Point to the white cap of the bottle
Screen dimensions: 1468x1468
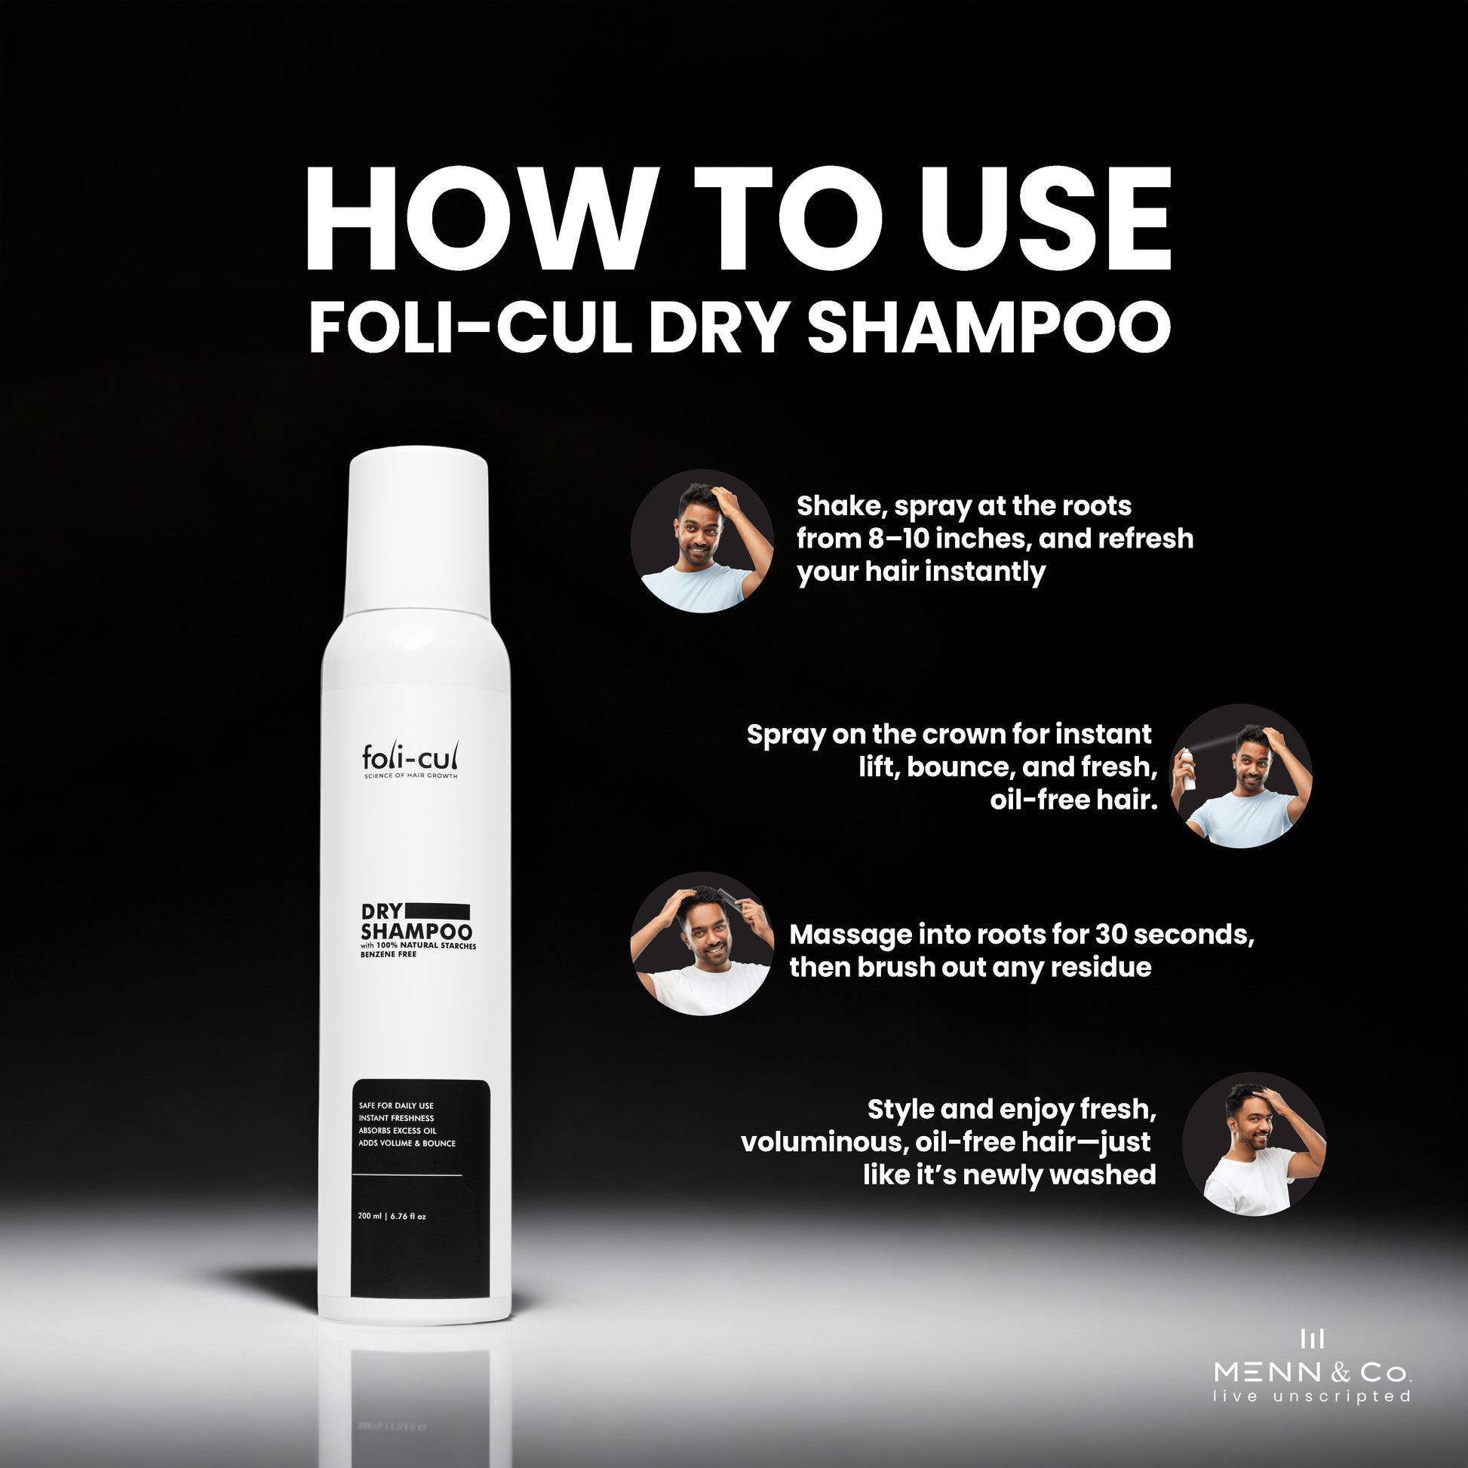(x=417, y=530)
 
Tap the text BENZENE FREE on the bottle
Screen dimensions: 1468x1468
(x=388, y=954)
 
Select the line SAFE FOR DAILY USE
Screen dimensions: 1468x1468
(x=396, y=1106)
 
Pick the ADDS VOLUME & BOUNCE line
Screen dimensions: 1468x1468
(x=407, y=1143)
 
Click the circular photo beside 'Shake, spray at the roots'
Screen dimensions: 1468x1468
(x=702, y=541)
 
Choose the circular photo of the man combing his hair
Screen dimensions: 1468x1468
(x=702, y=943)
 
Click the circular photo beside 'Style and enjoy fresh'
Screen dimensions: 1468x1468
(x=1254, y=1144)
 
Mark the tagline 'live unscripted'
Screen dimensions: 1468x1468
(x=1313, y=1396)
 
